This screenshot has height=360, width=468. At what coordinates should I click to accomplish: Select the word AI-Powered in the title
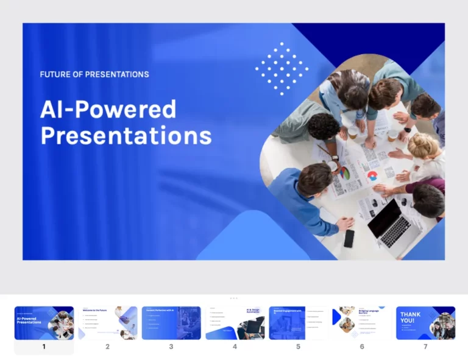108,110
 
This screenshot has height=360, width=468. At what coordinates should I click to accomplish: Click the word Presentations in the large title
126,136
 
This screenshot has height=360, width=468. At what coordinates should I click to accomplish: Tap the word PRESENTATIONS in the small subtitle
116,74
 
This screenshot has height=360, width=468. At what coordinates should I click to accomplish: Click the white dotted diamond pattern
282,68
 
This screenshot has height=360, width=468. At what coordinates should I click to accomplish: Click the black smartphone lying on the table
349,238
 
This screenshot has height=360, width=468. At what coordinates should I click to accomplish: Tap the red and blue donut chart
372,175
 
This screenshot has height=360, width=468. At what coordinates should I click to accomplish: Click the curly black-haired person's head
322,127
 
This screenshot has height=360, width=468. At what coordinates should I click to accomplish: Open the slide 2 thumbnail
107,323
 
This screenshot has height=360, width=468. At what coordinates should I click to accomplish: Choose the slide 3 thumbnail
171,323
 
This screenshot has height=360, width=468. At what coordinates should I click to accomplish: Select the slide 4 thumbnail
235,323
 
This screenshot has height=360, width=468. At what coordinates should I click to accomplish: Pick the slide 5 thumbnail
298,323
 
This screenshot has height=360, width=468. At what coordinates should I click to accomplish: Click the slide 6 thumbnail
362,323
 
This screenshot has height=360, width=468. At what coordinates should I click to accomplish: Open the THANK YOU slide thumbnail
425,323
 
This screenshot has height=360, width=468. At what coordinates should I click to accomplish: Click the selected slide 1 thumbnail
44,323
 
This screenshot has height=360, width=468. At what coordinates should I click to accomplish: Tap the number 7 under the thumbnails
425,347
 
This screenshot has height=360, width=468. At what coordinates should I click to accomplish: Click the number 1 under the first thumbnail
44,347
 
